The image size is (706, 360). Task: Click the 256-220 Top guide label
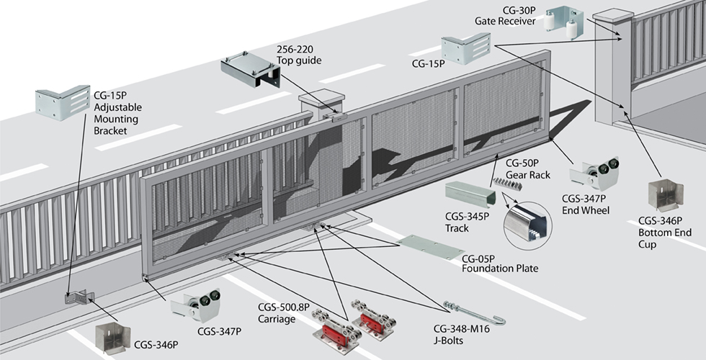pyautogui.click(x=299, y=55)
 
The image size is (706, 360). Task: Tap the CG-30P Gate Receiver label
pyautogui.click(x=505, y=15)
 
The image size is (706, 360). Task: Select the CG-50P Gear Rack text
pyautogui.click(x=528, y=169)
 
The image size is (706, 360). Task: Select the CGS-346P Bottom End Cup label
pyautogui.click(x=664, y=228)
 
